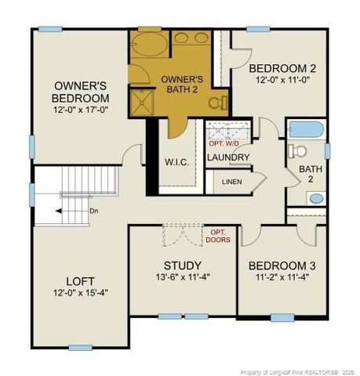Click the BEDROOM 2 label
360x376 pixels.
click(273, 67)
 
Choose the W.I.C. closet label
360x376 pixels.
click(176, 162)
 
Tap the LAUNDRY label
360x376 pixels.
click(228, 157)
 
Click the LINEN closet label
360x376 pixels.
click(232, 182)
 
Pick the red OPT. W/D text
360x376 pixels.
click(227, 143)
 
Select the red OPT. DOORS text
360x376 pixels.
click(219, 236)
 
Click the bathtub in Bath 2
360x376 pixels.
click(306, 130)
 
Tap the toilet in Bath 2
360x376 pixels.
click(297, 151)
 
